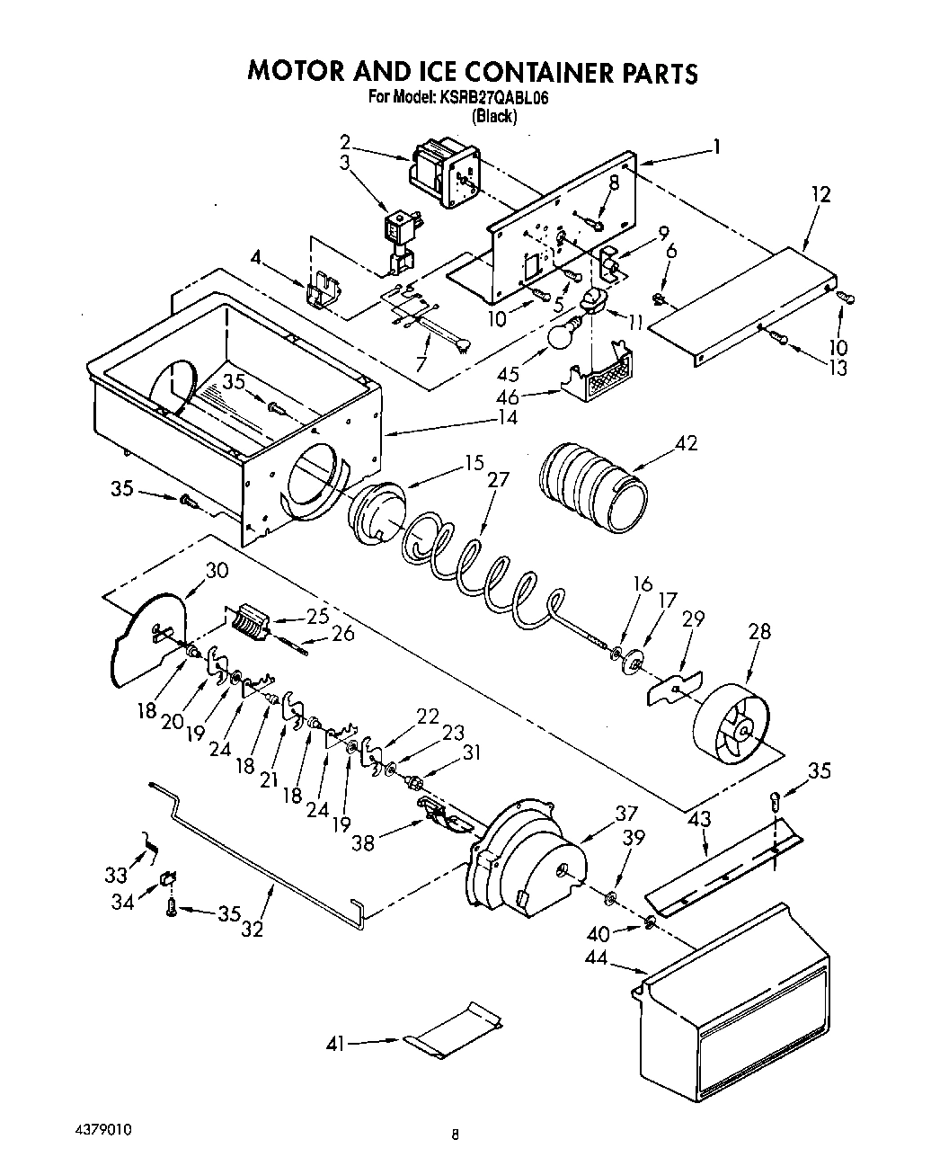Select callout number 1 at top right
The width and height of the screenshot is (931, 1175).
pyautogui.click(x=716, y=146)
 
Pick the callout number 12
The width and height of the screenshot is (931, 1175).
pyautogui.click(x=819, y=194)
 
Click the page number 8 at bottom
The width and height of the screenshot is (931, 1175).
pyautogui.click(x=456, y=1135)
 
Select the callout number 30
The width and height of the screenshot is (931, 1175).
pyautogui.click(x=217, y=570)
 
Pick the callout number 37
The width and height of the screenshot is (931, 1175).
pyautogui.click(x=625, y=814)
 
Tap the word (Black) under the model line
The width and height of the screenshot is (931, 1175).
pyautogui.click(x=494, y=116)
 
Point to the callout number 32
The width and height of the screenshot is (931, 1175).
pyautogui.click(x=253, y=930)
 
